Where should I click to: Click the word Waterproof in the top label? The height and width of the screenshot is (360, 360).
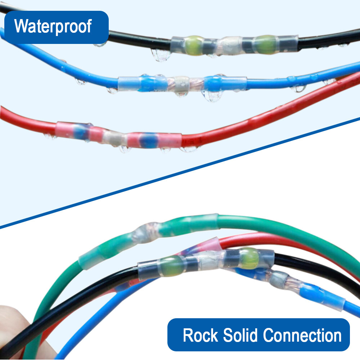click(x=53, y=27)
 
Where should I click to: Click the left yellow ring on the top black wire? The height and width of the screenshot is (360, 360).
click(x=194, y=45)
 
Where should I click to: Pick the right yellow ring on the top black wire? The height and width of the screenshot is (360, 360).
click(x=266, y=44)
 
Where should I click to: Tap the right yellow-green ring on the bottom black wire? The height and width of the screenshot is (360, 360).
click(x=249, y=258)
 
